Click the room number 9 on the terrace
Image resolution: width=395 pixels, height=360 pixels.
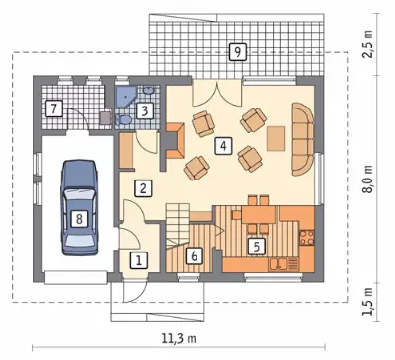click(238, 52)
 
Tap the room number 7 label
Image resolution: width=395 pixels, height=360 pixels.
click(54, 108)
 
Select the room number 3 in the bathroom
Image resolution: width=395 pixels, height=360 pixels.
click(144, 110)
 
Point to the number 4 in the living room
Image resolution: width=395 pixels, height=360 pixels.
click(223, 146)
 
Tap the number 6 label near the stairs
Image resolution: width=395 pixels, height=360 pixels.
click(194, 255)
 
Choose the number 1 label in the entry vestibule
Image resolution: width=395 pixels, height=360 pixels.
click(139, 261)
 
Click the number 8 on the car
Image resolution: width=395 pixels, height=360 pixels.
click(79, 218)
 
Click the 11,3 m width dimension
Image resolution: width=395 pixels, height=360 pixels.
click(179, 338)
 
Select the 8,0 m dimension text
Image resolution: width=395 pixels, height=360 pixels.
click(369, 179)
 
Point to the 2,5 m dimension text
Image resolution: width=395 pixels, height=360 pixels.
click(368, 44)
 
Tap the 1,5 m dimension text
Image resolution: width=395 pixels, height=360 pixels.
click(368, 302)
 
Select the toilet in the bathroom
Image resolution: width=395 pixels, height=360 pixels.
click(122, 120)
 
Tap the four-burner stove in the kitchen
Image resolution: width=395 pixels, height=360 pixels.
click(307, 238)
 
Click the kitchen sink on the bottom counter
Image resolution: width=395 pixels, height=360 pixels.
click(278, 263)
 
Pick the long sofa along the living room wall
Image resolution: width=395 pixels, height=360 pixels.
click(302, 139)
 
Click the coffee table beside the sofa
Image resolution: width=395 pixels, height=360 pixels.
click(276, 138)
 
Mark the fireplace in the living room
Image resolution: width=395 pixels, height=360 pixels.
click(175, 141)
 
